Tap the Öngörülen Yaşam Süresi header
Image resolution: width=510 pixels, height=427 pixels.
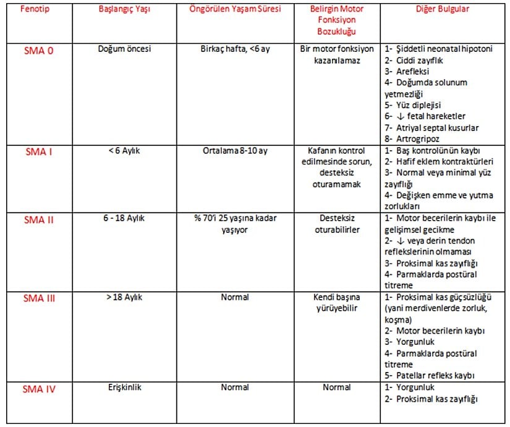coord(236,11)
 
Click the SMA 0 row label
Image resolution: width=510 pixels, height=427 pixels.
coord(37,51)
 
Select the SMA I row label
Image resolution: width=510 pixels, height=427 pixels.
coord(38,152)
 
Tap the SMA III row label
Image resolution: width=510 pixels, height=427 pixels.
coord(39,298)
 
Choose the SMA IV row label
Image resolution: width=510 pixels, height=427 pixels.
coord(40,388)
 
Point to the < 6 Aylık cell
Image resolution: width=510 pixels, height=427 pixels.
coord(124,151)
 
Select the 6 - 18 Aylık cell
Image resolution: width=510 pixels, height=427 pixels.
coord(124,218)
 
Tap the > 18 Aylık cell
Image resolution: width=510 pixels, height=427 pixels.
coord(124,297)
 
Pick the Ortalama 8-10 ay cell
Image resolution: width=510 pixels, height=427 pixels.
coord(236,151)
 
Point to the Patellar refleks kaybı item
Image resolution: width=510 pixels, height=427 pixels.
coord(436,375)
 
